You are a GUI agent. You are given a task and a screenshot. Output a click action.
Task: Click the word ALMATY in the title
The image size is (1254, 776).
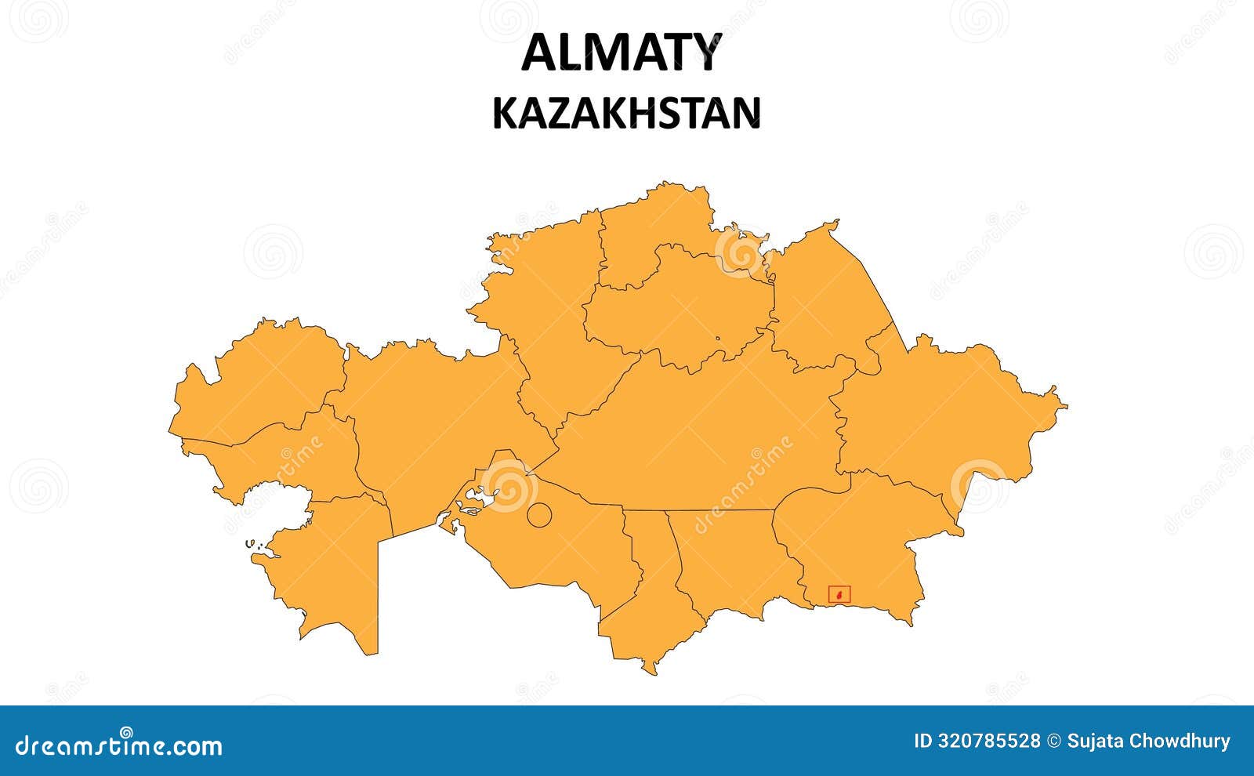620,53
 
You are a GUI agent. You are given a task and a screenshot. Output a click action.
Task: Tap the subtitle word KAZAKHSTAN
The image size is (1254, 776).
626,113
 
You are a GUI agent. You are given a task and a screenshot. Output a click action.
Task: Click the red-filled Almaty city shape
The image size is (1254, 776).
840,596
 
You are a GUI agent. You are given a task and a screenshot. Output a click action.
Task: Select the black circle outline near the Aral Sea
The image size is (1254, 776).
539,514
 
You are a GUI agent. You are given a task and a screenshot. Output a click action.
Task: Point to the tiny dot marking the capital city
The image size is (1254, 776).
717,339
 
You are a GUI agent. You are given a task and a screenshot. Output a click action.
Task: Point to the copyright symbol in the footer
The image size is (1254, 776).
1054,742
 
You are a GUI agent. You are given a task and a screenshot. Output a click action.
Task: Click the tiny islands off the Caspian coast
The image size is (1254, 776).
251,543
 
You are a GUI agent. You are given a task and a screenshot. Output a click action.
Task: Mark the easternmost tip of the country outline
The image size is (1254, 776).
1067,405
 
